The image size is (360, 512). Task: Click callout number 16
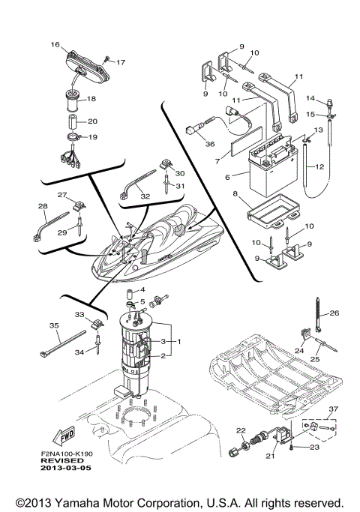[x=55, y=45]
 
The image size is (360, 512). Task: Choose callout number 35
[x=53, y=325]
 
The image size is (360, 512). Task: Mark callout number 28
[x=42, y=206]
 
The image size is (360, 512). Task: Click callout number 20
[x=93, y=121]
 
